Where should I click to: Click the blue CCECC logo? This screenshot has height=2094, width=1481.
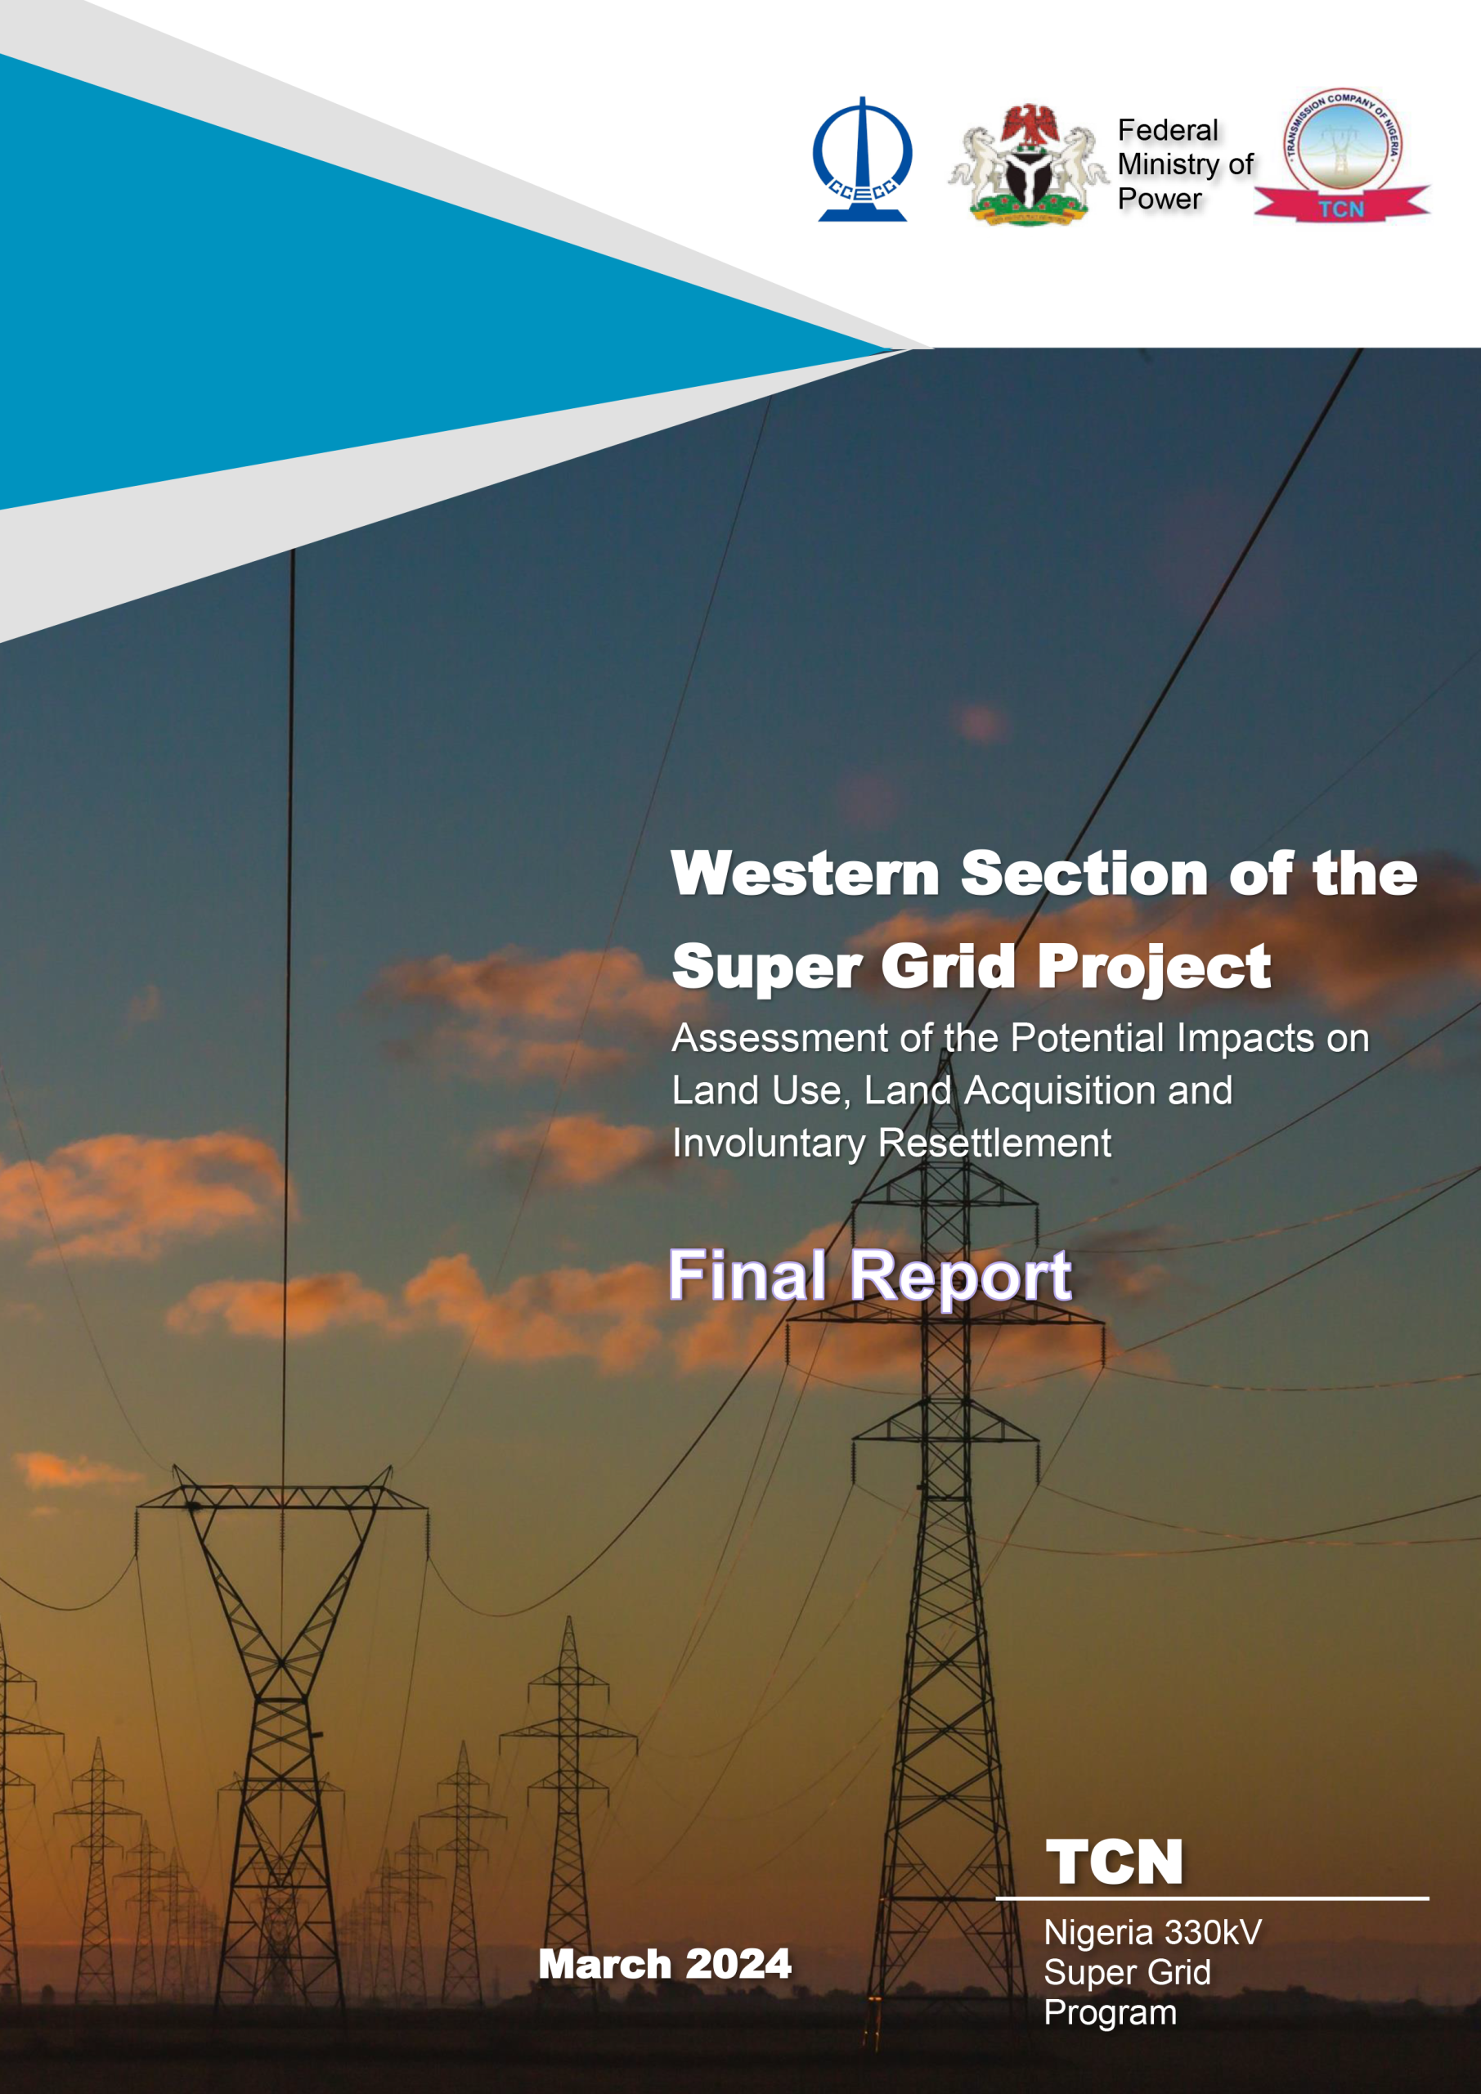pos(862,160)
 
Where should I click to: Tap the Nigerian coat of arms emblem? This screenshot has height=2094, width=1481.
pos(1028,164)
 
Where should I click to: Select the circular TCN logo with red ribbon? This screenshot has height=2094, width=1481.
pos(1341,156)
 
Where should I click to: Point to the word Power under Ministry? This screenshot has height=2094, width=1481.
pos(1160,198)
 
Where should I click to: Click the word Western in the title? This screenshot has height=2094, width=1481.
pos(806,873)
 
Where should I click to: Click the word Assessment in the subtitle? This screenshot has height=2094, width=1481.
pos(779,1038)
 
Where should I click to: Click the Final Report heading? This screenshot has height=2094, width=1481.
pos(870,1276)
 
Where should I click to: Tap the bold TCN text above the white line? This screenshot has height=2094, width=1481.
pos(1114,1862)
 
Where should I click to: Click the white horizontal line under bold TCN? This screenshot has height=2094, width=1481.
pos(1212,1898)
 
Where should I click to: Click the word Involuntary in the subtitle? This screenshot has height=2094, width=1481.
pos(769,1144)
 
